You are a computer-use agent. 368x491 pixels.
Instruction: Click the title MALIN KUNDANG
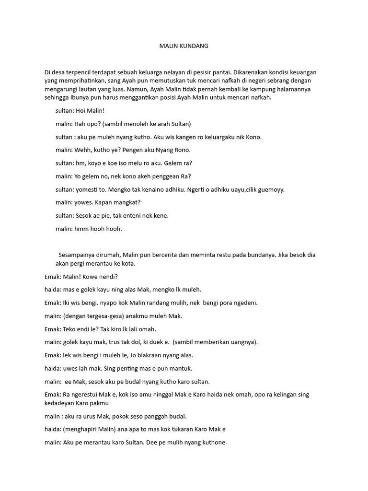point(184,47)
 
